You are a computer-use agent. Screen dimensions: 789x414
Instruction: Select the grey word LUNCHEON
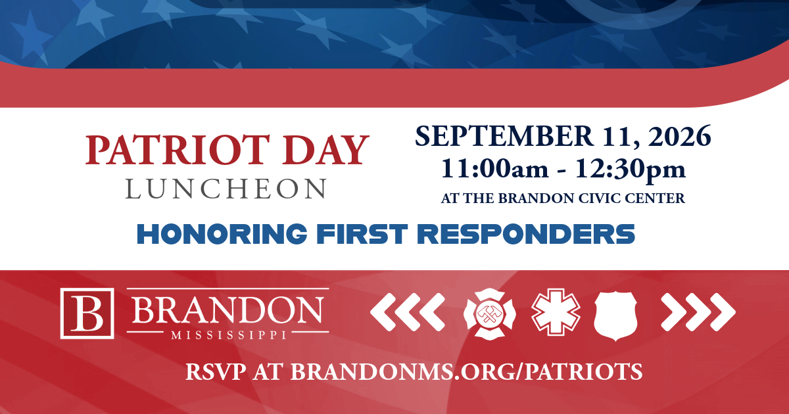click(226, 189)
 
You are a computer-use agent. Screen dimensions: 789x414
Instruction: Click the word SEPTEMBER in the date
click(504, 136)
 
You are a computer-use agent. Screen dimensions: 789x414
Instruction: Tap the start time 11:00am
click(495, 169)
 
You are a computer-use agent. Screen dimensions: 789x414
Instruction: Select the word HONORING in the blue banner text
click(222, 234)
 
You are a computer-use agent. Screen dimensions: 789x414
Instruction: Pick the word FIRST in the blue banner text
click(362, 234)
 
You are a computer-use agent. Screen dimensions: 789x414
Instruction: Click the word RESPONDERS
click(526, 234)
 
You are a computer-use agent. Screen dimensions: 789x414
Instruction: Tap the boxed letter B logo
click(87, 313)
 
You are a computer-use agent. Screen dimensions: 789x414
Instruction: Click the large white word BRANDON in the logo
click(227, 310)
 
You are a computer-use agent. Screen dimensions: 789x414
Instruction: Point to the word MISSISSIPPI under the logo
click(229, 334)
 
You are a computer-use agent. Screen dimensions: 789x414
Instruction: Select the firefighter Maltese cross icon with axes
click(490, 314)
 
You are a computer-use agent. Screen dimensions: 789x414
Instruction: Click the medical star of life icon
click(556, 312)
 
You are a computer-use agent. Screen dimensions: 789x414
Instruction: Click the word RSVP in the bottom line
click(216, 371)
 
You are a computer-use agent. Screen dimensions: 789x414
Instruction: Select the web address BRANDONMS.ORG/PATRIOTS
click(466, 372)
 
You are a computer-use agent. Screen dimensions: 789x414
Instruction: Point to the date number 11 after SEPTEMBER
click(621, 136)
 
